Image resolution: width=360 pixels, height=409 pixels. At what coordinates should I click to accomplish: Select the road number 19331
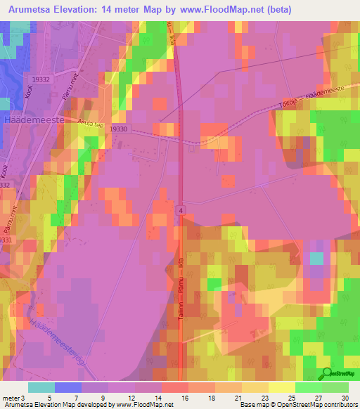tap(5, 240)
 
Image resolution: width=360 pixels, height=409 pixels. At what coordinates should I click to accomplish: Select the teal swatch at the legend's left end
tap(41, 387)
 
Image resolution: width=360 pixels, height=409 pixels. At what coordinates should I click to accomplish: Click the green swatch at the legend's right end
tap(335, 387)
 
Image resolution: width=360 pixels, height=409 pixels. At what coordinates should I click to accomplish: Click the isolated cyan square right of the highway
tap(317, 259)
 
